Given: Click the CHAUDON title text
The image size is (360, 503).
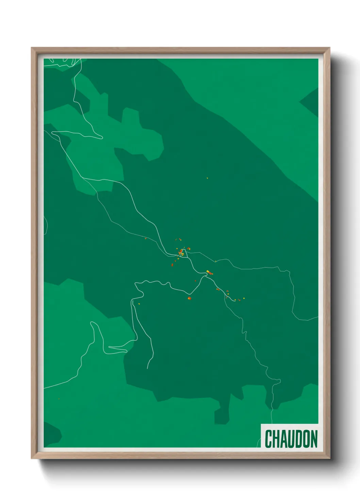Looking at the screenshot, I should tap(291, 439).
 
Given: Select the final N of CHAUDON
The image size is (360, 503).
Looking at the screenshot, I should tap(313, 439).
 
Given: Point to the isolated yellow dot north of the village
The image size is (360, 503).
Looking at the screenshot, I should tap(207, 178).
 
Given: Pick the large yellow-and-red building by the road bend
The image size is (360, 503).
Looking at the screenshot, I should tap(209, 272).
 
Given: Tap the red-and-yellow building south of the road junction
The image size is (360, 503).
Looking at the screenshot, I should tap(189, 298).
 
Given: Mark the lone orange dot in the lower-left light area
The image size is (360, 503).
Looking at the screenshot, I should tap(59, 399).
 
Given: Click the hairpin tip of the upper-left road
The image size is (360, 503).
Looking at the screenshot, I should tap(101, 138).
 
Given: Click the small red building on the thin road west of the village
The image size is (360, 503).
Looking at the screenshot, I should tap(146, 238).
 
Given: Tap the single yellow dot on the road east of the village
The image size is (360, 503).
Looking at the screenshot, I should tap(215, 261).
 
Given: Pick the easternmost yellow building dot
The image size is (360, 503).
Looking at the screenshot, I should tap(244, 298).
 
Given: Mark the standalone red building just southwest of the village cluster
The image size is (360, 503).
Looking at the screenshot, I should tap(172, 264).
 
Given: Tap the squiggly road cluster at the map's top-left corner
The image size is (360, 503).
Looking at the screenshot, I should tap(63, 63).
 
